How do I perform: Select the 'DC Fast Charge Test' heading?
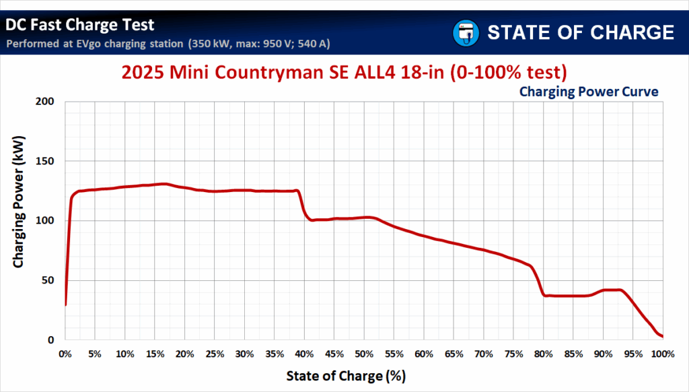pyautogui.click(x=80, y=26)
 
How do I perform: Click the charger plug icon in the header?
pyautogui.click(x=465, y=32)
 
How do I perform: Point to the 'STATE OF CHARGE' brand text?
pyautogui.click(x=581, y=32)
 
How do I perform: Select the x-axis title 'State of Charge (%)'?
pyautogui.click(x=346, y=375)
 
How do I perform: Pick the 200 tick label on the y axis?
pyautogui.click(x=46, y=102)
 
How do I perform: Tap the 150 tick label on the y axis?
pyautogui.click(x=46, y=162)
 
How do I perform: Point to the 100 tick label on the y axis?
pyautogui.click(x=46, y=221)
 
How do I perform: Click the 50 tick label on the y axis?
pyautogui.click(x=49, y=281)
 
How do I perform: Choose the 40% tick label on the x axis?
pyautogui.click(x=304, y=354)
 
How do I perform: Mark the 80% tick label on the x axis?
pyautogui.click(x=544, y=354)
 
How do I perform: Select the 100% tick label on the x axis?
pyautogui.click(x=662, y=354)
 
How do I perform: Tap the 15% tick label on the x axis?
pyautogui.click(x=155, y=354)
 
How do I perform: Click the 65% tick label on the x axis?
pyautogui.click(x=454, y=354)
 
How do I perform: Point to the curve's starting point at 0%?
pyautogui.click(x=65, y=305)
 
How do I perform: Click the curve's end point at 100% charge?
pyautogui.click(x=663, y=336)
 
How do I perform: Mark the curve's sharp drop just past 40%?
pyautogui.click(x=303, y=206)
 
